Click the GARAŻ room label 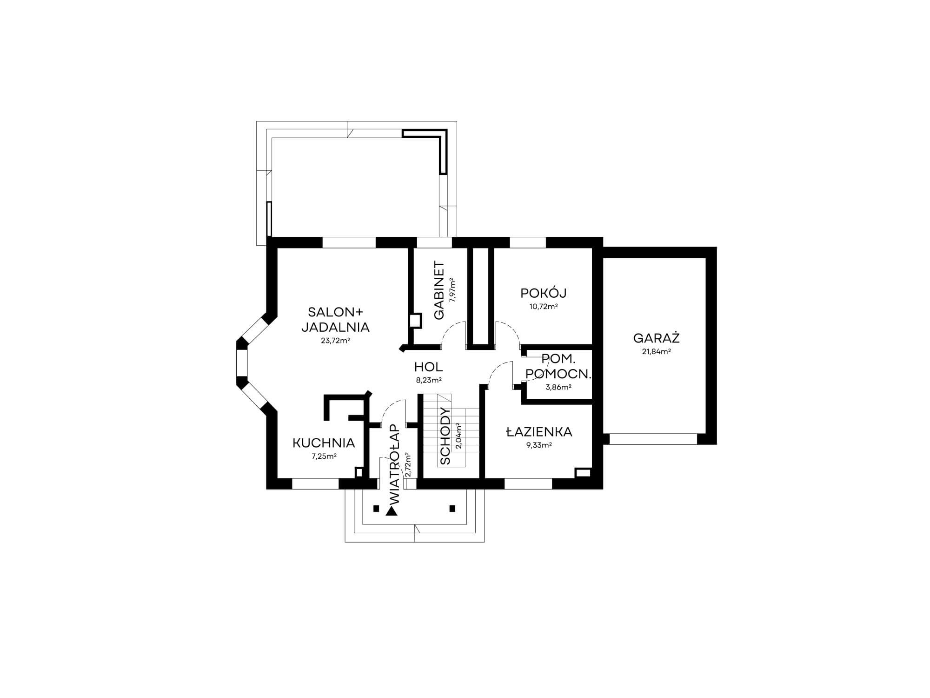(x=656, y=337)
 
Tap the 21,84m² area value (x=656, y=352)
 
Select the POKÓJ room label (x=543, y=293)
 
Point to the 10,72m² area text (x=543, y=307)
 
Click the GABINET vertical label (x=439, y=290)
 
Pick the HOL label (x=428, y=367)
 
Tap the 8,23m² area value (x=428, y=380)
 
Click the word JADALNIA (x=335, y=327)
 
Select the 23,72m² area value (x=335, y=341)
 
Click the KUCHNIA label (x=324, y=443)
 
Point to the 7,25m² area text (x=324, y=456)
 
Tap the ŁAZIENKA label (x=539, y=431)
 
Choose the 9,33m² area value (x=539, y=445)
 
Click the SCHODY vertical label (x=445, y=436)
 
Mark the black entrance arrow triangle (x=392, y=512)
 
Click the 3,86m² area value (x=558, y=387)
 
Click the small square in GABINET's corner (x=415, y=321)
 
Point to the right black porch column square (x=452, y=509)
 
